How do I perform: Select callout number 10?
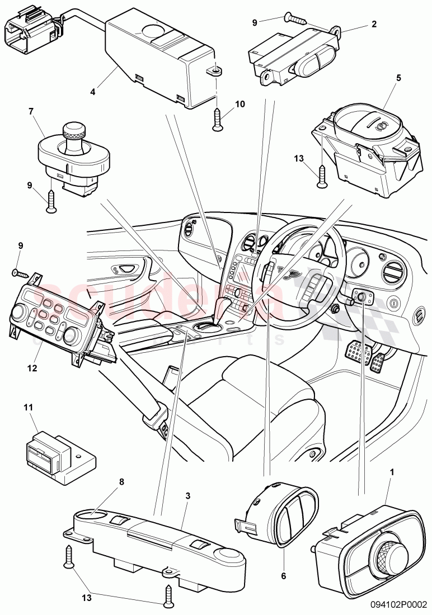[x=241, y=104]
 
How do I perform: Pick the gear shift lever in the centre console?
[x=222, y=310]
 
